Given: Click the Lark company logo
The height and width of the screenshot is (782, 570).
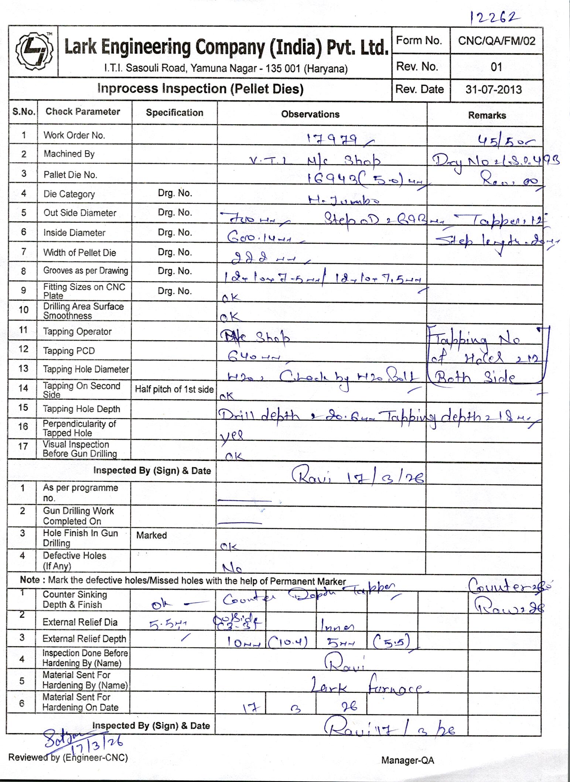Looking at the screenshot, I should pyautogui.click(x=34, y=51).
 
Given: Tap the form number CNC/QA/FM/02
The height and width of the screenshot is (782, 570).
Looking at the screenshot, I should pyautogui.click(x=496, y=41).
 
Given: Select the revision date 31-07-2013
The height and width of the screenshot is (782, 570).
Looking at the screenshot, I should pyautogui.click(x=494, y=89).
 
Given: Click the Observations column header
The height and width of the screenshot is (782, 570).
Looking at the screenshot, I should pyautogui.click(x=310, y=114).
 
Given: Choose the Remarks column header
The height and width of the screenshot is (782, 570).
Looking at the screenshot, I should pyautogui.click(x=487, y=115).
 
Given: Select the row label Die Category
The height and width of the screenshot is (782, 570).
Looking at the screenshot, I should pyautogui.click(x=69, y=194).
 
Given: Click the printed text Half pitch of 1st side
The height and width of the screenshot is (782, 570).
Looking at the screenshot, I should pyautogui.click(x=174, y=389).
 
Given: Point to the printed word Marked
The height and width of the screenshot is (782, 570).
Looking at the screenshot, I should pyautogui.click(x=151, y=535).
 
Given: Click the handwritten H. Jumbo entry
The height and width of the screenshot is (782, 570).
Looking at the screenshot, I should pyautogui.click(x=344, y=200).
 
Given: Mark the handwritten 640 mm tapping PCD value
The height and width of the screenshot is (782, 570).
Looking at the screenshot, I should pyautogui.click(x=253, y=356).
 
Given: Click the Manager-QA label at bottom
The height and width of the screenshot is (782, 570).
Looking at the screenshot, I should pyautogui.click(x=407, y=760).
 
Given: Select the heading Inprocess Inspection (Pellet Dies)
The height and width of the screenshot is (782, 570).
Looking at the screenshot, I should pyautogui.click(x=200, y=89).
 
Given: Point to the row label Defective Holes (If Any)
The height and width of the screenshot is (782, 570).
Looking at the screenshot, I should pyautogui.click(x=74, y=561).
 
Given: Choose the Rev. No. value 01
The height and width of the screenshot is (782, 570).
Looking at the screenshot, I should pyautogui.click(x=496, y=67).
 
